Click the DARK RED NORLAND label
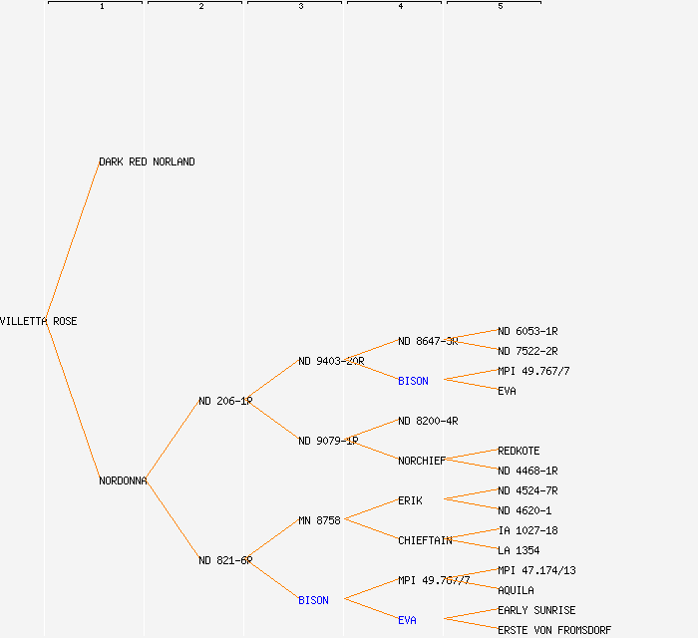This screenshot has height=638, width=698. coord(147,161)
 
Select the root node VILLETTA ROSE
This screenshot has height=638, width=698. coord(38,321)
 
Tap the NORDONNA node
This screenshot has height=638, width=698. coord(123,480)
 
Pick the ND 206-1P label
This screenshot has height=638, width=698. coord(224,401)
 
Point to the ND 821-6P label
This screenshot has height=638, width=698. coord(224,560)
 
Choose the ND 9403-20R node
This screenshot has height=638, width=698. coord(330,361)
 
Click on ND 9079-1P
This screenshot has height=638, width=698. coord(327,441)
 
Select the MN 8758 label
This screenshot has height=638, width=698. coord(319,520)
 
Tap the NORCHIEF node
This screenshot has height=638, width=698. coord(422,461)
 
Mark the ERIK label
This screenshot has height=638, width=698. coord(410,500)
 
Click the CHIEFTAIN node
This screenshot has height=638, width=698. coord(425,540)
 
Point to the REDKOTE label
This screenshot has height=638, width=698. coord(519,451)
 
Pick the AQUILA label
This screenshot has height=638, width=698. coord(516,590)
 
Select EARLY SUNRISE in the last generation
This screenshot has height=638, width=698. coord(536,610)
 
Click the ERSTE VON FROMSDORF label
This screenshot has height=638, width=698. coord(554,630)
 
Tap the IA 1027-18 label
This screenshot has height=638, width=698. coord(527,530)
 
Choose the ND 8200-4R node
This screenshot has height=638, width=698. coord(428,421)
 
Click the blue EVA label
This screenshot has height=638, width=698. coord(407,620)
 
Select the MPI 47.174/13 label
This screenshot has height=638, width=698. coord(536,570)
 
